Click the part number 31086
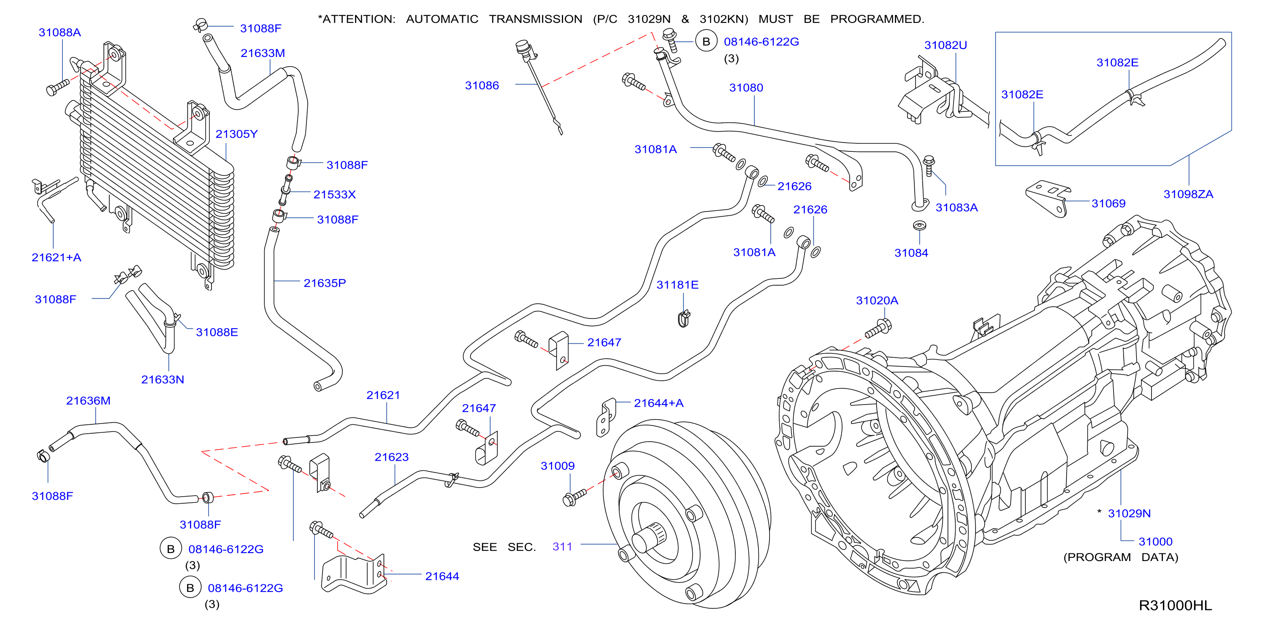(x=482, y=86)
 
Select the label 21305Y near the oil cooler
(x=237, y=134)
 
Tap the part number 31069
(x=1108, y=204)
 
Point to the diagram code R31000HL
(x=1176, y=606)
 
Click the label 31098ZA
(x=1188, y=194)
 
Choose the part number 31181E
(x=677, y=285)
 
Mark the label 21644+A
(x=658, y=403)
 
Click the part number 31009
(x=558, y=466)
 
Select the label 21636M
(x=89, y=401)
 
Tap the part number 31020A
(x=877, y=300)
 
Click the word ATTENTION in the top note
(x=359, y=19)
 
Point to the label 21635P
(x=325, y=283)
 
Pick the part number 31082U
(x=946, y=45)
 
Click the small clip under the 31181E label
(x=684, y=318)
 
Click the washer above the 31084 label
(x=919, y=226)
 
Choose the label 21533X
(x=335, y=195)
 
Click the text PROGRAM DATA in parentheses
(x=1121, y=557)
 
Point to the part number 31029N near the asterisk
(x=1129, y=513)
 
